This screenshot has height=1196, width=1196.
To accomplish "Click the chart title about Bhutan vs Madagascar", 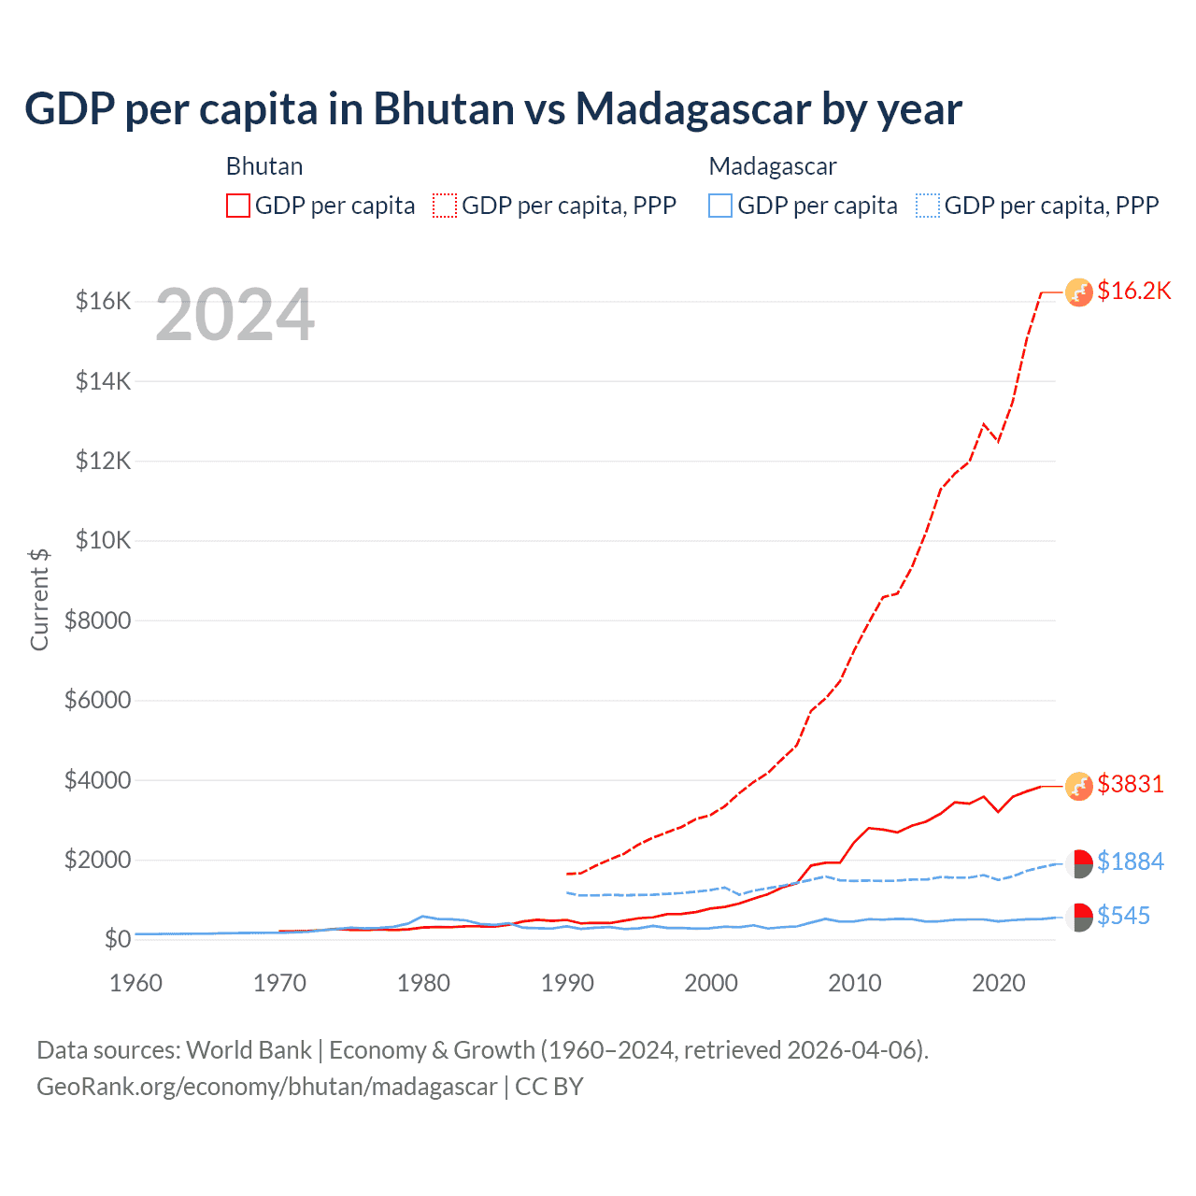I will point(492,108).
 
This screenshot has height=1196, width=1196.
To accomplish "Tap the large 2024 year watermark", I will point(235,315).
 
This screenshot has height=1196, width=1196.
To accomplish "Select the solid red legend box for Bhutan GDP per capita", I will point(238,206).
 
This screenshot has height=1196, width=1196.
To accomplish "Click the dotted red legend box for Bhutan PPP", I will point(445,206).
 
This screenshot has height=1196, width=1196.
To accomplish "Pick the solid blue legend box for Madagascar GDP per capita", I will point(720,206).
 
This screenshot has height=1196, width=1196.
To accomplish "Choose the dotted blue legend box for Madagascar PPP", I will point(928,206).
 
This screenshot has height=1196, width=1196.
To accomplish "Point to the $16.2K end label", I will point(1133,291).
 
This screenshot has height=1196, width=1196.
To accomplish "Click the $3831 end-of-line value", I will point(1131,784).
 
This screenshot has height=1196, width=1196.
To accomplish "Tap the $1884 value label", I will point(1131,861).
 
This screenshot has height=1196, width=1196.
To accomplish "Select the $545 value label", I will point(1123,916).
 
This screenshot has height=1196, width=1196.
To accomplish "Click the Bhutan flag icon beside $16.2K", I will point(1079,292).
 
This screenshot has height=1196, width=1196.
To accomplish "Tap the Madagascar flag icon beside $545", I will point(1079,918).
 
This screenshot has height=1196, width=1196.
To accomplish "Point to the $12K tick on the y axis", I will point(104,461).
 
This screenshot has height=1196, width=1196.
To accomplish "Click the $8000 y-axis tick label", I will point(97,620).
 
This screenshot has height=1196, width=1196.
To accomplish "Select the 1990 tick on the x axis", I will point(567,983).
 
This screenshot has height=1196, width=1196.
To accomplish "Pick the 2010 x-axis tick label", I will point(855,983).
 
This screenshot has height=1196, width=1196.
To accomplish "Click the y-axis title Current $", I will point(39,599).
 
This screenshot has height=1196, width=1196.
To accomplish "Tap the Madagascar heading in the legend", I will point(773,166).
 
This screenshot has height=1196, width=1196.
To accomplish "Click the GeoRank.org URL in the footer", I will point(267,1087).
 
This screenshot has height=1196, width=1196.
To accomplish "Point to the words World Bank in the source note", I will point(249,1050).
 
